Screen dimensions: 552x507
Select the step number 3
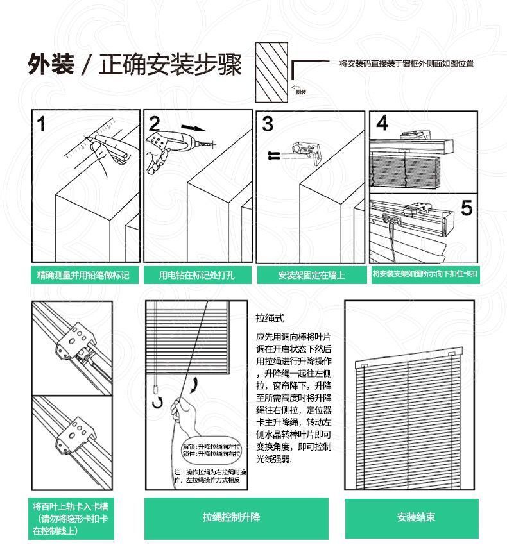[x=268, y=124]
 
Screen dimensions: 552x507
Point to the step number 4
[x=382, y=123]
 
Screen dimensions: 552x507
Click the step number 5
[x=467, y=208]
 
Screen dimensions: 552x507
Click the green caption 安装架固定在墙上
[x=311, y=275]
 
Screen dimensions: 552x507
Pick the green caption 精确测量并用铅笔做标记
[x=83, y=275]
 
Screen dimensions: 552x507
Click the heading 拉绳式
[x=270, y=319]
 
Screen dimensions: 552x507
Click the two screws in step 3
[x=274, y=155]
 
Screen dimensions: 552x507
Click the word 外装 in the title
[x=50, y=65]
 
